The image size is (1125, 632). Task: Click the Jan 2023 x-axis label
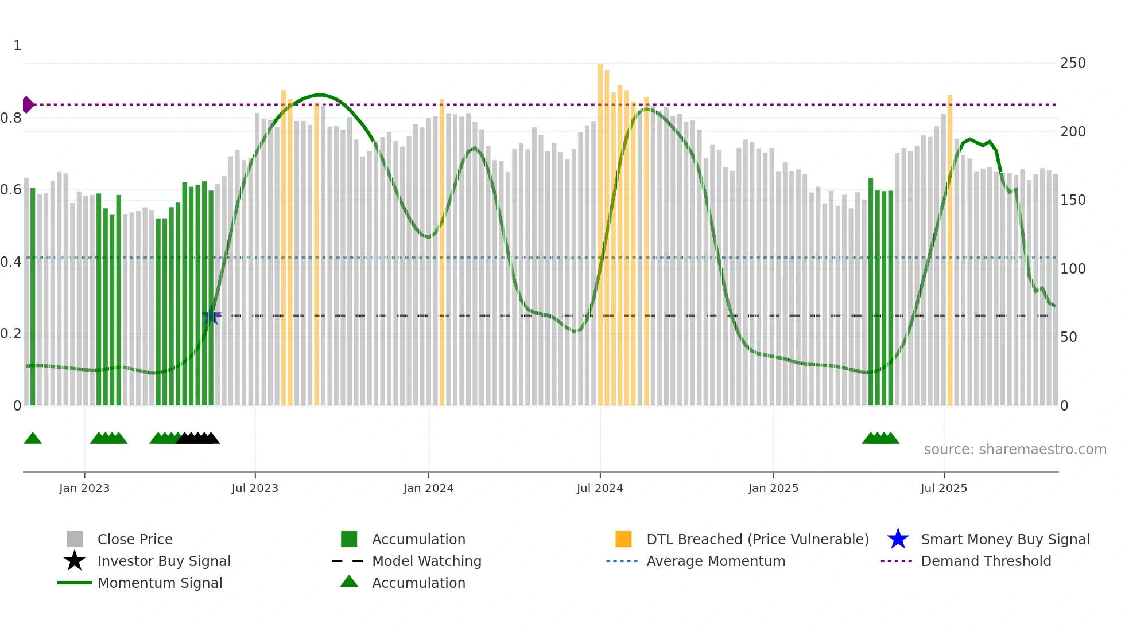tap(84, 488)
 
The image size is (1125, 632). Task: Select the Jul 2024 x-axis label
tap(600, 488)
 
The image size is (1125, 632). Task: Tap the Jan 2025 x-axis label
tap(773, 488)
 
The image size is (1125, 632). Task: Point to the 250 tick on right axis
tap(1073, 63)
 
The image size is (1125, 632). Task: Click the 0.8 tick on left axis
tap(11, 118)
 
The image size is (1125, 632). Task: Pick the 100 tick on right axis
tap(1073, 268)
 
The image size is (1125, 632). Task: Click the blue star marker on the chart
tap(211, 315)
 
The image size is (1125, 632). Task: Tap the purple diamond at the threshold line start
tap(28, 104)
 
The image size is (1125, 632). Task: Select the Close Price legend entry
tap(135, 539)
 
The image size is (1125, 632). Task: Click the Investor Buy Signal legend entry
tap(164, 561)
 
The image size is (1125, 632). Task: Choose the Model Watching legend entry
tap(426, 561)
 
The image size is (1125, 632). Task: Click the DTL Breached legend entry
tap(757, 539)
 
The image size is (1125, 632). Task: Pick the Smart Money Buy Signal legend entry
tap(1005, 539)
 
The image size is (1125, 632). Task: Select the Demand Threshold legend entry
tap(986, 561)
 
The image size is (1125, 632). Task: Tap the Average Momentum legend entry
tap(716, 561)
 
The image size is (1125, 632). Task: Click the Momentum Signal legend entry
tap(160, 583)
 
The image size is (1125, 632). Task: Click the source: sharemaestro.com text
tap(1015, 450)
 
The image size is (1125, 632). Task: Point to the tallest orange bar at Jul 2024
tap(600, 229)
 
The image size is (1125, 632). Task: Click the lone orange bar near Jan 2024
tap(442, 252)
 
